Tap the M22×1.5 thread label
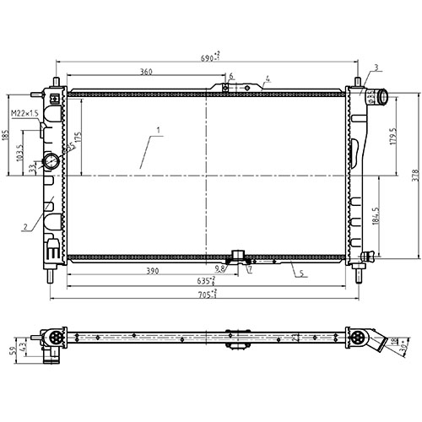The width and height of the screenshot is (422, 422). click(24, 113)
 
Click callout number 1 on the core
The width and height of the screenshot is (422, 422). click(156, 130)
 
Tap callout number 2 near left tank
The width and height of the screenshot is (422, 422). click(26, 225)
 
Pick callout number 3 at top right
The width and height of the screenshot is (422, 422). click(376, 68)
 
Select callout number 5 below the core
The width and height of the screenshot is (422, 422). click(295, 272)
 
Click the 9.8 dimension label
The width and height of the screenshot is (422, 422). click(220, 269)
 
